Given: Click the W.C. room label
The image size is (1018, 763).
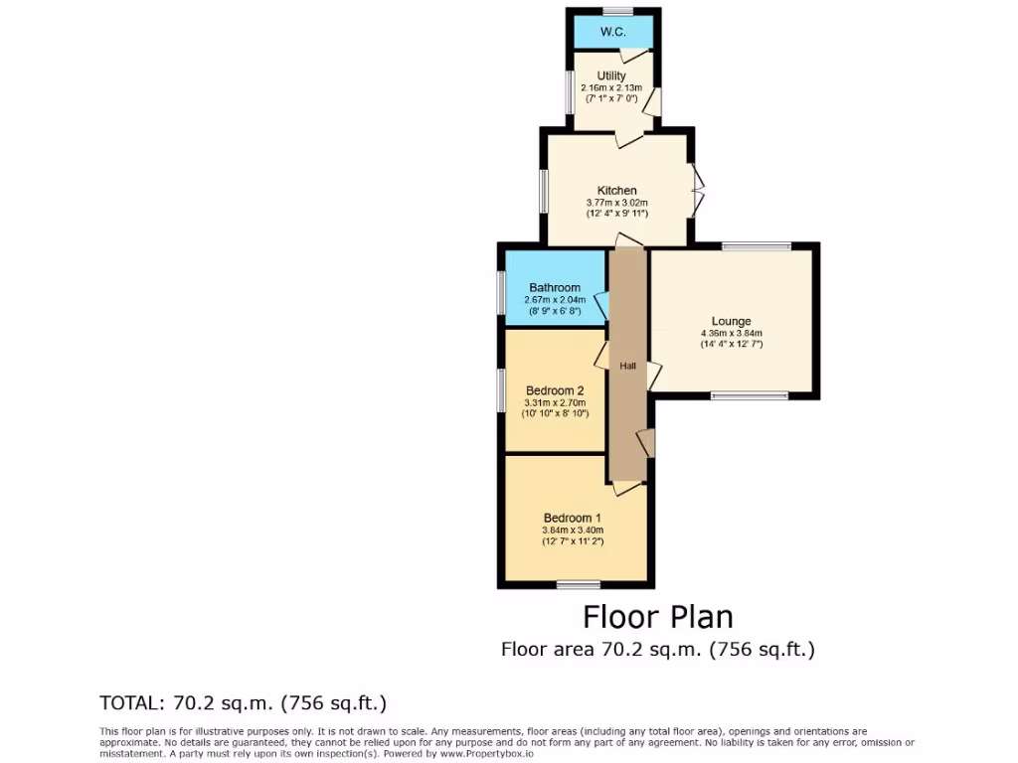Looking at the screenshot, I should click(x=612, y=33).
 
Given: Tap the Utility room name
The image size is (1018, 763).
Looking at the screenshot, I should click(x=611, y=76).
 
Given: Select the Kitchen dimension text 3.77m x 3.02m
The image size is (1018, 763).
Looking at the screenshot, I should click(x=616, y=203).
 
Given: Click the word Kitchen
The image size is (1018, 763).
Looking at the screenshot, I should click(x=616, y=191).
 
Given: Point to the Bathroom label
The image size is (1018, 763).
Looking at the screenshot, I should click(x=554, y=288).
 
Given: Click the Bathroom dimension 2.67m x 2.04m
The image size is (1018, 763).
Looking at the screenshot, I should click(x=554, y=300).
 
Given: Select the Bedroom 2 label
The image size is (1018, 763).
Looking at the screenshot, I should click(x=554, y=389).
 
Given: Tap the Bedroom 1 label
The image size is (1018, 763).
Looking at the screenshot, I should click(x=572, y=518).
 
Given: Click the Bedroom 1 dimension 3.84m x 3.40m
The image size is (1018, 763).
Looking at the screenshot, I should click(x=572, y=530).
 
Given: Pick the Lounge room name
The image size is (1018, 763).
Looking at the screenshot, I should click(x=731, y=321).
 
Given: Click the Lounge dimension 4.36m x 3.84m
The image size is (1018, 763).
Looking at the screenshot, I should click(x=731, y=333).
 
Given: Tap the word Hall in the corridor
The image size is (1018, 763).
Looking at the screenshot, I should click(x=627, y=367).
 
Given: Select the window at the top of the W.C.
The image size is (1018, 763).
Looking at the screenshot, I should click(x=616, y=11).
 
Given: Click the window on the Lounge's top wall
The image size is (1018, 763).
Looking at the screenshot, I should click(x=756, y=245).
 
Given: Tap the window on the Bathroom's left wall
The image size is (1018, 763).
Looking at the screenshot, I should click(x=502, y=293).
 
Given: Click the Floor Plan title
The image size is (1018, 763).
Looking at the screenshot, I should click(x=657, y=617).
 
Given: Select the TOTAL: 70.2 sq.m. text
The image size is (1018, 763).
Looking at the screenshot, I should click(x=243, y=703).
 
